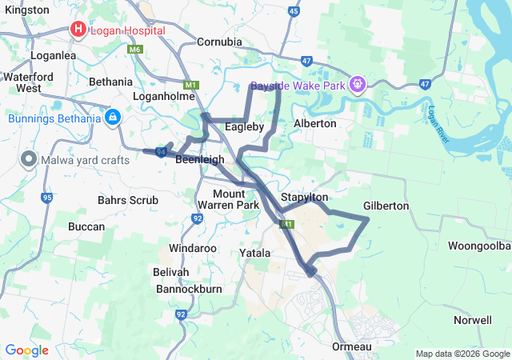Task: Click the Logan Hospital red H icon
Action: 78,30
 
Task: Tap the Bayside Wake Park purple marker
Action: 358,83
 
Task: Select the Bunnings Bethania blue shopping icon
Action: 112,118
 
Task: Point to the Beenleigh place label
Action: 200,160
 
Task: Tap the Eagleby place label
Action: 245,127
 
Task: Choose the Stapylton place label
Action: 304,198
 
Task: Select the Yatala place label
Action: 255,253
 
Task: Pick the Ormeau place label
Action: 352,346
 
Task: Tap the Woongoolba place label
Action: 479,245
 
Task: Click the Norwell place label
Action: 472,320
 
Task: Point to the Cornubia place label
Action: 219,41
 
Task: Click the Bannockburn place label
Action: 189,288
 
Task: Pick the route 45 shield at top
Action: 294,12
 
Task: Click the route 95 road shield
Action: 48,198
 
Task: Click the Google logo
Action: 26,350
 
